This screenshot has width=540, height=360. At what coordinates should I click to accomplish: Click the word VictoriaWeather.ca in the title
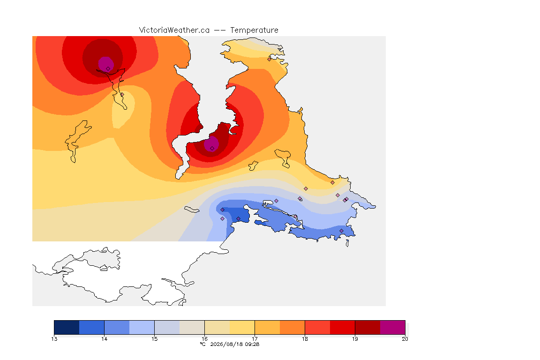174,30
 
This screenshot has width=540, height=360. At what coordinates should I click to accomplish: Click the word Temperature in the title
254,30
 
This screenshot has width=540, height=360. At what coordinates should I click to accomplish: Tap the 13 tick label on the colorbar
54,339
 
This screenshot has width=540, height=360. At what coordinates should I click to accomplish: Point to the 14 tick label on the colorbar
105,339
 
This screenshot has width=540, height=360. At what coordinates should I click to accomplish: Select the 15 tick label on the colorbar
154,339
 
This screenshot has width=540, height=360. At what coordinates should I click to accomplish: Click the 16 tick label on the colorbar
204,339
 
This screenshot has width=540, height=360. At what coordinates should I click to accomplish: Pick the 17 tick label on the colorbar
255,339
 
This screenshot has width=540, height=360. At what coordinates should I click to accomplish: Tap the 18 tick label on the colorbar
305,339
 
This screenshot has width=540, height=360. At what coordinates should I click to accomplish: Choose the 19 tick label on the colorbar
355,339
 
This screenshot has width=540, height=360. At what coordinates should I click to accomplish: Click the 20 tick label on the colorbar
405,339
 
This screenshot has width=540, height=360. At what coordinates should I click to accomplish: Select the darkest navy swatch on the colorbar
67,327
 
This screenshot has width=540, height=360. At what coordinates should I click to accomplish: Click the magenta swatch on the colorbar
393,327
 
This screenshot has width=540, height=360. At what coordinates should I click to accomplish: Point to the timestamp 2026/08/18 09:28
235,344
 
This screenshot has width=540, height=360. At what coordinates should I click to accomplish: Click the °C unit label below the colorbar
203,344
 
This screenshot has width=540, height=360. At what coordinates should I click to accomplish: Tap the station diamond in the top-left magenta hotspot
108,69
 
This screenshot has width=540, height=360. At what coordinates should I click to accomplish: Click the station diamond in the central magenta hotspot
212,149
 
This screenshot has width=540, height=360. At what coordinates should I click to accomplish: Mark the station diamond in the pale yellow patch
122,94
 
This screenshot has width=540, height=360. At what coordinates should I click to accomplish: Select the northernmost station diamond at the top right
270,59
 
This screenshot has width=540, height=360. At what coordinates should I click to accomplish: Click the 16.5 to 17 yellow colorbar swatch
242,327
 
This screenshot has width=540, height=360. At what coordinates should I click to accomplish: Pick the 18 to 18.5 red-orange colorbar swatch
317,327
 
